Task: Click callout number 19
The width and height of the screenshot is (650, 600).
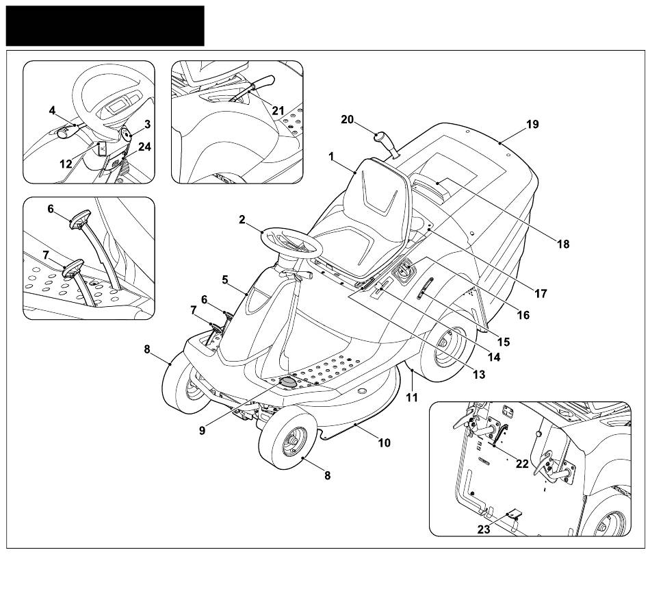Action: (532, 125)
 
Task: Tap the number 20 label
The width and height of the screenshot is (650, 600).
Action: (347, 120)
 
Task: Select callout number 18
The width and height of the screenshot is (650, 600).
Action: (562, 244)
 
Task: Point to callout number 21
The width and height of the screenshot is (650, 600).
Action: (277, 110)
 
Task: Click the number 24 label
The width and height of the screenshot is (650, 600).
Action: (144, 146)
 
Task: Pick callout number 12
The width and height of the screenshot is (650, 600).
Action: (66, 164)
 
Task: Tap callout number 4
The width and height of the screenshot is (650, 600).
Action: (52, 110)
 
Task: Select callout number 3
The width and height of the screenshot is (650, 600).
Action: (147, 124)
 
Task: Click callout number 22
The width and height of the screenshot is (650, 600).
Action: (522, 464)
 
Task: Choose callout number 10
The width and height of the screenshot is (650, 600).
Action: (384, 442)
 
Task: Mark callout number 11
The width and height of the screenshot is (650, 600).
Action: (411, 397)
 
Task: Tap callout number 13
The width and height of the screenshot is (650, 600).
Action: (478, 374)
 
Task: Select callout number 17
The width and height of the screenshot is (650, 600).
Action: (541, 293)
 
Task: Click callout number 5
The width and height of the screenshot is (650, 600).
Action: (225, 279)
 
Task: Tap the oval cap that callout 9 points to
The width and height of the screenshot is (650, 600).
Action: (289, 382)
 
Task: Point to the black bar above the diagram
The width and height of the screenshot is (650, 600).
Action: (105, 25)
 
